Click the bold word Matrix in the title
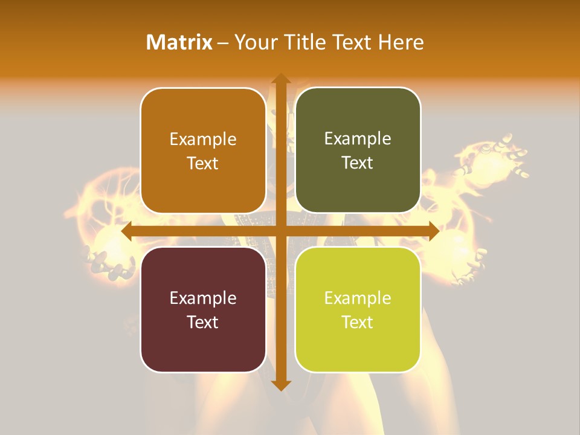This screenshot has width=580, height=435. pos(179,42)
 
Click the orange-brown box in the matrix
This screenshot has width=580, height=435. pos(203,150)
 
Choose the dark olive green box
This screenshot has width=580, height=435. pos(358,150)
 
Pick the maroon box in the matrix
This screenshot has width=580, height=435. pos(203,309)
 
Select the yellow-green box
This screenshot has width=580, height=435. pos(358,309)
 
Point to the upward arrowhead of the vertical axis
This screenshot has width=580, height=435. pos(280,79)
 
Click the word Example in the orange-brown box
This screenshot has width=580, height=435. pos(203,140)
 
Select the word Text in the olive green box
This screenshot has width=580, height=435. pos(358,163)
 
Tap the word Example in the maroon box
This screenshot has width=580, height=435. pos(203,298)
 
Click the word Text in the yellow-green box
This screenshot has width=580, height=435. pos(358,322)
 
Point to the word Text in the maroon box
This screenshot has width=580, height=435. pos(203,322)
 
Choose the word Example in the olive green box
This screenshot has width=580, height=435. pos(358,139)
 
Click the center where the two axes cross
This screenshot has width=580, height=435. pos(280,231)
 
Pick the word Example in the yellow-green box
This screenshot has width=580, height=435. pos(358,298)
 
